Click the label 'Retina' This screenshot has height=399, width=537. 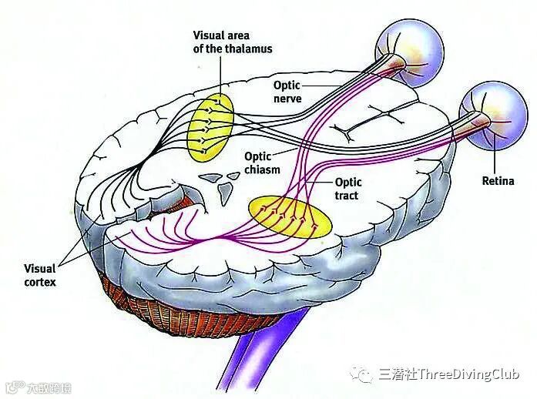coord(498,182)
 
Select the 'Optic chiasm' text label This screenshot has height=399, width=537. coord(262,162)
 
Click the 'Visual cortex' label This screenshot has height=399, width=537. coord(40,276)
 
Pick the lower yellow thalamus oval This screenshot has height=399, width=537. coord(290,216)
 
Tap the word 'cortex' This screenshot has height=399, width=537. coord(40,283)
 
